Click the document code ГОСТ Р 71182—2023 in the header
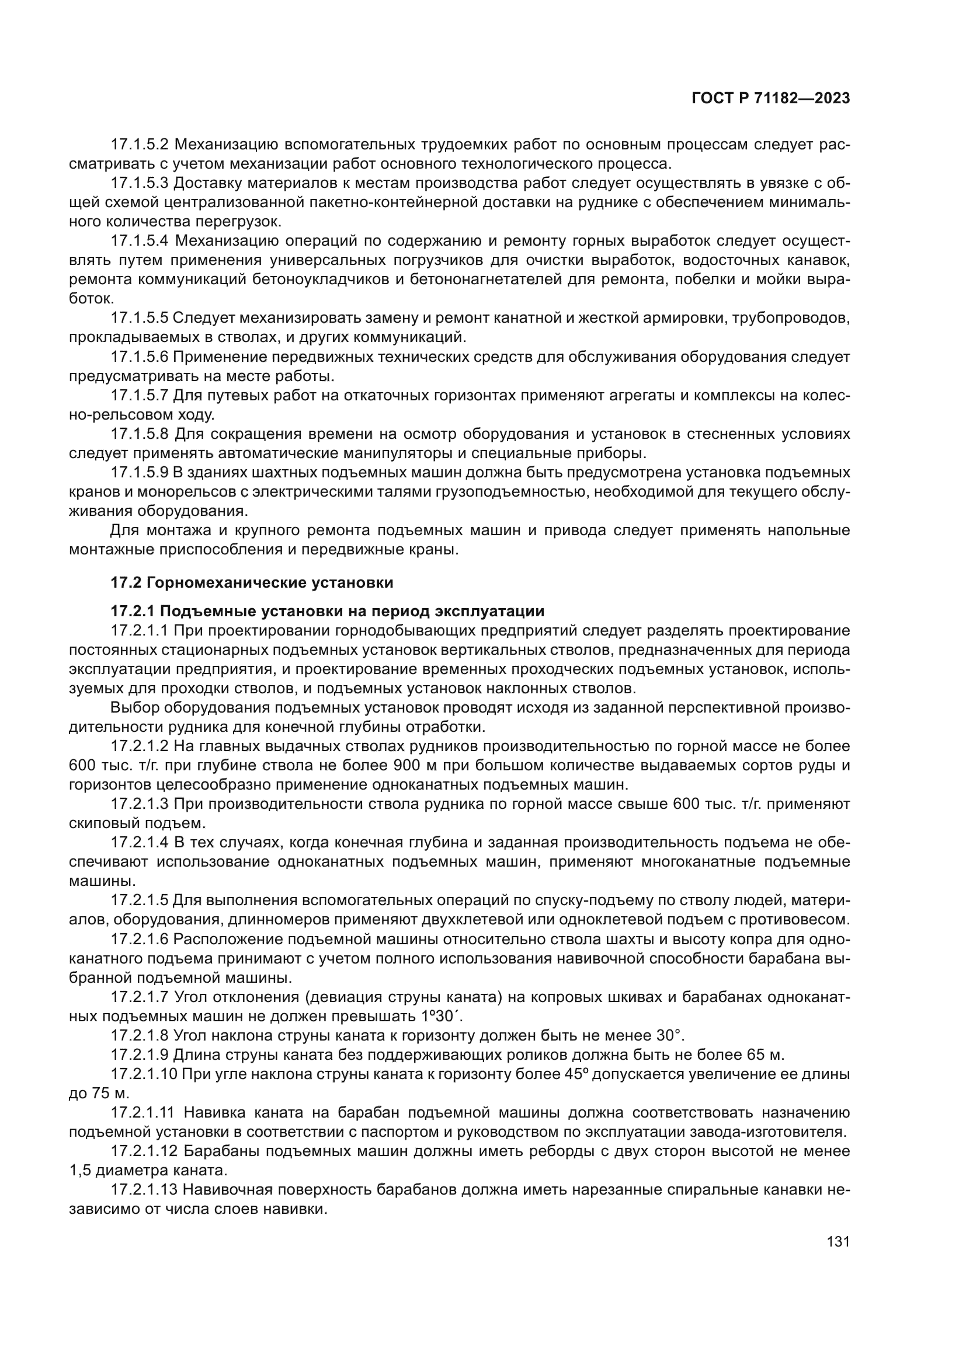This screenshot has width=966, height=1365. pyautogui.click(x=770, y=99)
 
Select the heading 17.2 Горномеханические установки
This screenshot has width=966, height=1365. pyautogui.click(x=252, y=582)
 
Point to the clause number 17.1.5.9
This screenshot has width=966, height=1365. pyautogui.click(x=140, y=473)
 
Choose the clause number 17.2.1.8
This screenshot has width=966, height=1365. pyautogui.click(x=140, y=1035)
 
